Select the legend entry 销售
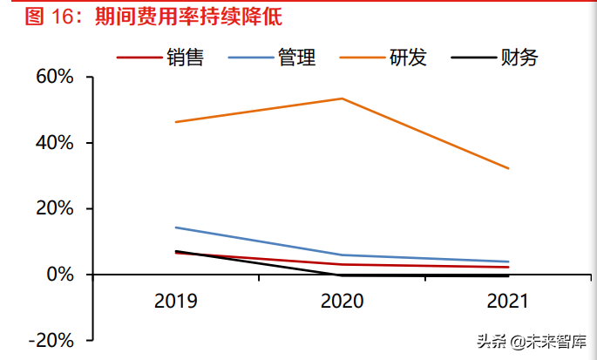[x=185, y=58]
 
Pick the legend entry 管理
[x=296, y=58]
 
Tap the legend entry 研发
[x=408, y=58]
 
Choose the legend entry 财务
[x=519, y=58]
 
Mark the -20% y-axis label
[x=50, y=341]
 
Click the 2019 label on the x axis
[x=176, y=302]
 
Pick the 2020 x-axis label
[x=342, y=302]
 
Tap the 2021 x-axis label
[x=507, y=302]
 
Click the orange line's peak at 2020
[x=342, y=98]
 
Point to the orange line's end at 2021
[x=508, y=168]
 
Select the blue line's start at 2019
[x=176, y=228]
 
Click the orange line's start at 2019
[x=176, y=122]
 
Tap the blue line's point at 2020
[x=342, y=255]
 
